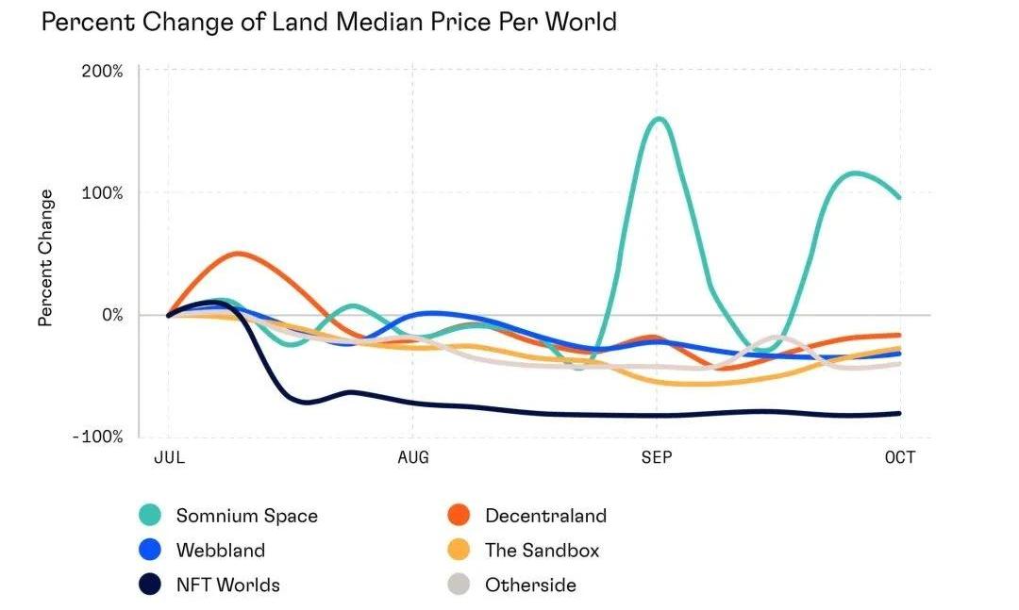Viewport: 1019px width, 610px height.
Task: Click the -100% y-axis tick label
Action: [98, 437]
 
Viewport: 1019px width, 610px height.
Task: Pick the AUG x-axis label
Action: [412, 458]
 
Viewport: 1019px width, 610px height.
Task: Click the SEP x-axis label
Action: [657, 458]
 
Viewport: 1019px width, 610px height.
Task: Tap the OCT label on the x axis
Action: [900, 458]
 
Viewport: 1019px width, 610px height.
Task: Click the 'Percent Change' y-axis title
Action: [45, 256]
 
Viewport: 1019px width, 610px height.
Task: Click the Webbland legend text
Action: [221, 551]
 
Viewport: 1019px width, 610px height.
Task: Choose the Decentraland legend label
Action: [545, 516]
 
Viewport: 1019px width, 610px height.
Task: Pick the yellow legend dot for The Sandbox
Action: [459, 551]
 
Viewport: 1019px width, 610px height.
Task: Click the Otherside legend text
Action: [530, 585]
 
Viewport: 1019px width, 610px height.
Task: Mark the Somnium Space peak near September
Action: [658, 119]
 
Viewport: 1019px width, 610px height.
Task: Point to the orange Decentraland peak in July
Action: [239, 253]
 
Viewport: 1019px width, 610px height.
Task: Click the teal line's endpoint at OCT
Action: [899, 197]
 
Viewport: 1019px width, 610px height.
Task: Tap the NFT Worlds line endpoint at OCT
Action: [899, 413]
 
